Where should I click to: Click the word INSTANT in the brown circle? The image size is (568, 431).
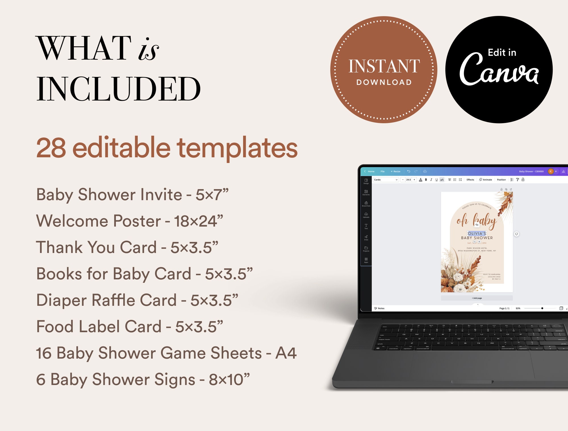[384, 66]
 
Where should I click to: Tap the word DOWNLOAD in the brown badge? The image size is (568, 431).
[384, 82]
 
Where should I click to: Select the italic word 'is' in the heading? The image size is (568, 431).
[148, 50]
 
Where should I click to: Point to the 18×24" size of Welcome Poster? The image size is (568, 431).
[198, 221]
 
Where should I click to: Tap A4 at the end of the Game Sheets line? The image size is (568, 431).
[286, 353]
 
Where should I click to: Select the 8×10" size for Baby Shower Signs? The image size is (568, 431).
[229, 379]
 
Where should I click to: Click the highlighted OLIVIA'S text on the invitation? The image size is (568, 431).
[477, 233]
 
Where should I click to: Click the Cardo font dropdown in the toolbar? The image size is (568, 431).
[386, 180]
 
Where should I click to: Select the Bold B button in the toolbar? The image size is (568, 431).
[426, 180]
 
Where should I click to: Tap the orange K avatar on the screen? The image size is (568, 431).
[550, 171]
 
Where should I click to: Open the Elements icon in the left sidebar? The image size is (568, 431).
[366, 192]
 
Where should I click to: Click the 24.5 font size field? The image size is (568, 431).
[408, 180]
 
